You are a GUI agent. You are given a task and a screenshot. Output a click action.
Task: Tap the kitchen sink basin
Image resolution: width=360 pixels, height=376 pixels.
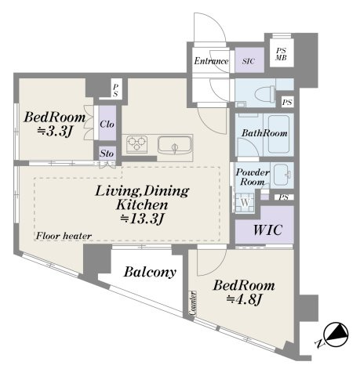pyautogui.click(x=175, y=145)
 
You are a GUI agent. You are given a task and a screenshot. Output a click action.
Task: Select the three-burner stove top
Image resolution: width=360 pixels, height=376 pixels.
pyautogui.click(x=136, y=144)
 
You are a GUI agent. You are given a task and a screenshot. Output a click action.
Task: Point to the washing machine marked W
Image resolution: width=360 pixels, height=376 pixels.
pyautogui.click(x=245, y=203)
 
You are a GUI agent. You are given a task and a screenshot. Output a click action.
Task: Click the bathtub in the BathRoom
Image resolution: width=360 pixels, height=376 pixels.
pyautogui.click(x=278, y=134)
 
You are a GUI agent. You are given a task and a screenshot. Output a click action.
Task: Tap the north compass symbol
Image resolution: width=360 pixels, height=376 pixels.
pyautogui.click(x=336, y=334)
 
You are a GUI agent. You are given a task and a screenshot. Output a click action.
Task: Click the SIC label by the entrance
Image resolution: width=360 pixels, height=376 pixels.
pyautogui.click(x=249, y=61)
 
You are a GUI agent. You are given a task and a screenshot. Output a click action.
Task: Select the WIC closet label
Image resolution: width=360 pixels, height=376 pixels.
pyautogui.click(x=267, y=230)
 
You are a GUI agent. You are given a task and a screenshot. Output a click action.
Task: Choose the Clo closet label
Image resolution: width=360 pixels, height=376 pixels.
pyautogui.click(x=107, y=124)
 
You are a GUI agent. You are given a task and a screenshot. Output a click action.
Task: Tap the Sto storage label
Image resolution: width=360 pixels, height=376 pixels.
pyautogui.click(x=107, y=154)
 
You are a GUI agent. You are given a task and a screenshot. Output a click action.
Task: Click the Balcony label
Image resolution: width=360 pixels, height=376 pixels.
pyautogui.click(x=150, y=273)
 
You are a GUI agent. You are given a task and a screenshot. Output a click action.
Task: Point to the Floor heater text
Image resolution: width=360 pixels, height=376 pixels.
pyautogui.click(x=64, y=236)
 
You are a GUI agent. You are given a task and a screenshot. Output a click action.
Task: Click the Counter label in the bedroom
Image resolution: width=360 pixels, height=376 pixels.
pyautogui.click(x=193, y=303)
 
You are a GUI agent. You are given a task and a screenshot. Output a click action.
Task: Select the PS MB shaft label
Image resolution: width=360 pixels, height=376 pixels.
pyautogui.click(x=281, y=54)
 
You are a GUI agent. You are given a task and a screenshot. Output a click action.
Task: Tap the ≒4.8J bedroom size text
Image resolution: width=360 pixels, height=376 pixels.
pyautogui.click(x=244, y=299)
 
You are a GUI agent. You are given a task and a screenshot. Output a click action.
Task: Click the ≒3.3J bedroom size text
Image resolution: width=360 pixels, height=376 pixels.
pyautogui.click(x=55, y=132)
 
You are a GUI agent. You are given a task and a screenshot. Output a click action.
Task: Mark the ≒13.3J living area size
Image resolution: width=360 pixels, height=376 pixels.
pyautogui.click(x=142, y=219)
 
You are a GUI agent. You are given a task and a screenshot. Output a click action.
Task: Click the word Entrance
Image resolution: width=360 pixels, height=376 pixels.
pyautogui.click(x=211, y=61)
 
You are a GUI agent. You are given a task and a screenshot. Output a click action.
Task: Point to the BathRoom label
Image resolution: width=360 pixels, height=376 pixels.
pyautogui.click(x=264, y=133)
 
